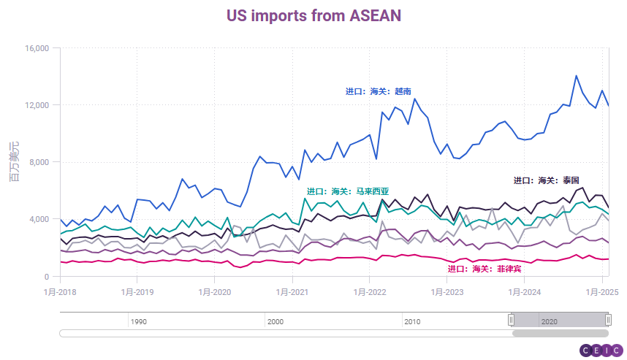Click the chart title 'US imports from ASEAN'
click(x=313, y=16)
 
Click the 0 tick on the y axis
click(x=45, y=277)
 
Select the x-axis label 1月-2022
click(x=370, y=291)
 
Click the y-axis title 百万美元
click(x=14, y=162)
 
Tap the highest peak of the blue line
click(x=577, y=75)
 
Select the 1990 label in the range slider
click(x=139, y=321)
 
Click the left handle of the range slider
click(x=512, y=319)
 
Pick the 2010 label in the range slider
click(x=412, y=321)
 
